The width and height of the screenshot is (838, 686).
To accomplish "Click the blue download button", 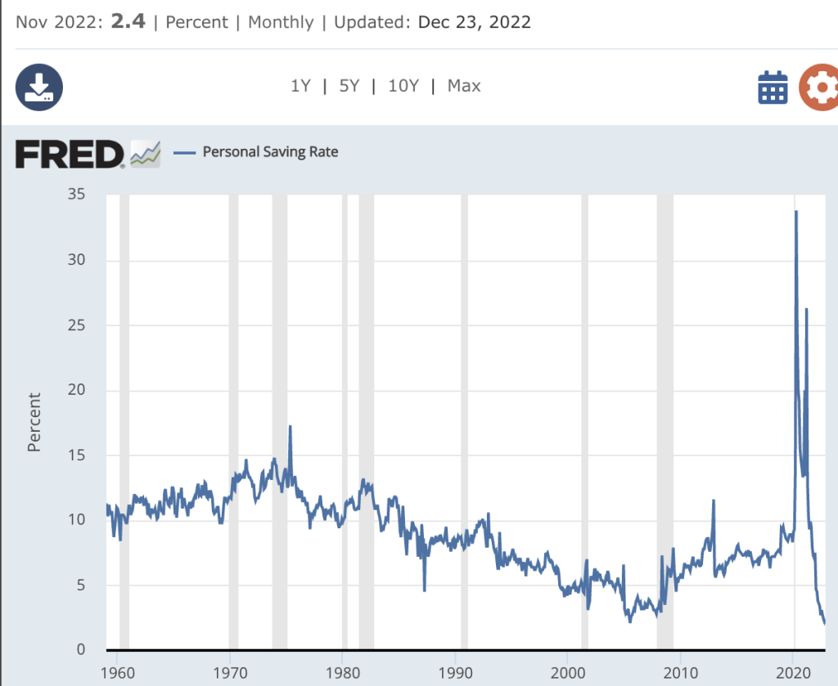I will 39,87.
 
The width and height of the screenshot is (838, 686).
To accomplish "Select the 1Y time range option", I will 300,86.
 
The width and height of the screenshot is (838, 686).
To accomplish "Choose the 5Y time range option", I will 349,86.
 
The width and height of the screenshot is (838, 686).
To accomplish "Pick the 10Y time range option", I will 403,86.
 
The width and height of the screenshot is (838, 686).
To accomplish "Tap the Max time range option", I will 464,86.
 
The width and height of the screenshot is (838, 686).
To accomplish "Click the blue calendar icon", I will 773,87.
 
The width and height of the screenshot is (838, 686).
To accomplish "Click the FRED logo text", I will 70,153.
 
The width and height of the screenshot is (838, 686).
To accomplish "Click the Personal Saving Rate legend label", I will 270,151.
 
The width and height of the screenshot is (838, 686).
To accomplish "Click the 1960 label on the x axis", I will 116,671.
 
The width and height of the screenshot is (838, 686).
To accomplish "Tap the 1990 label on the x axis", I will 454,671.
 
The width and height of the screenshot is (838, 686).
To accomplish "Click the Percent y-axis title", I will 34,422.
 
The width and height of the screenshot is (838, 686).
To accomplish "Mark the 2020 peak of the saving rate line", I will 795,212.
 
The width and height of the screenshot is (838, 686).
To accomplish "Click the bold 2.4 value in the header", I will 128,22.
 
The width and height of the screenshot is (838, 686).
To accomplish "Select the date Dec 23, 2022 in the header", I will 474,22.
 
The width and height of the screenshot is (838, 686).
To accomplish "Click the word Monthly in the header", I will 281,22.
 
